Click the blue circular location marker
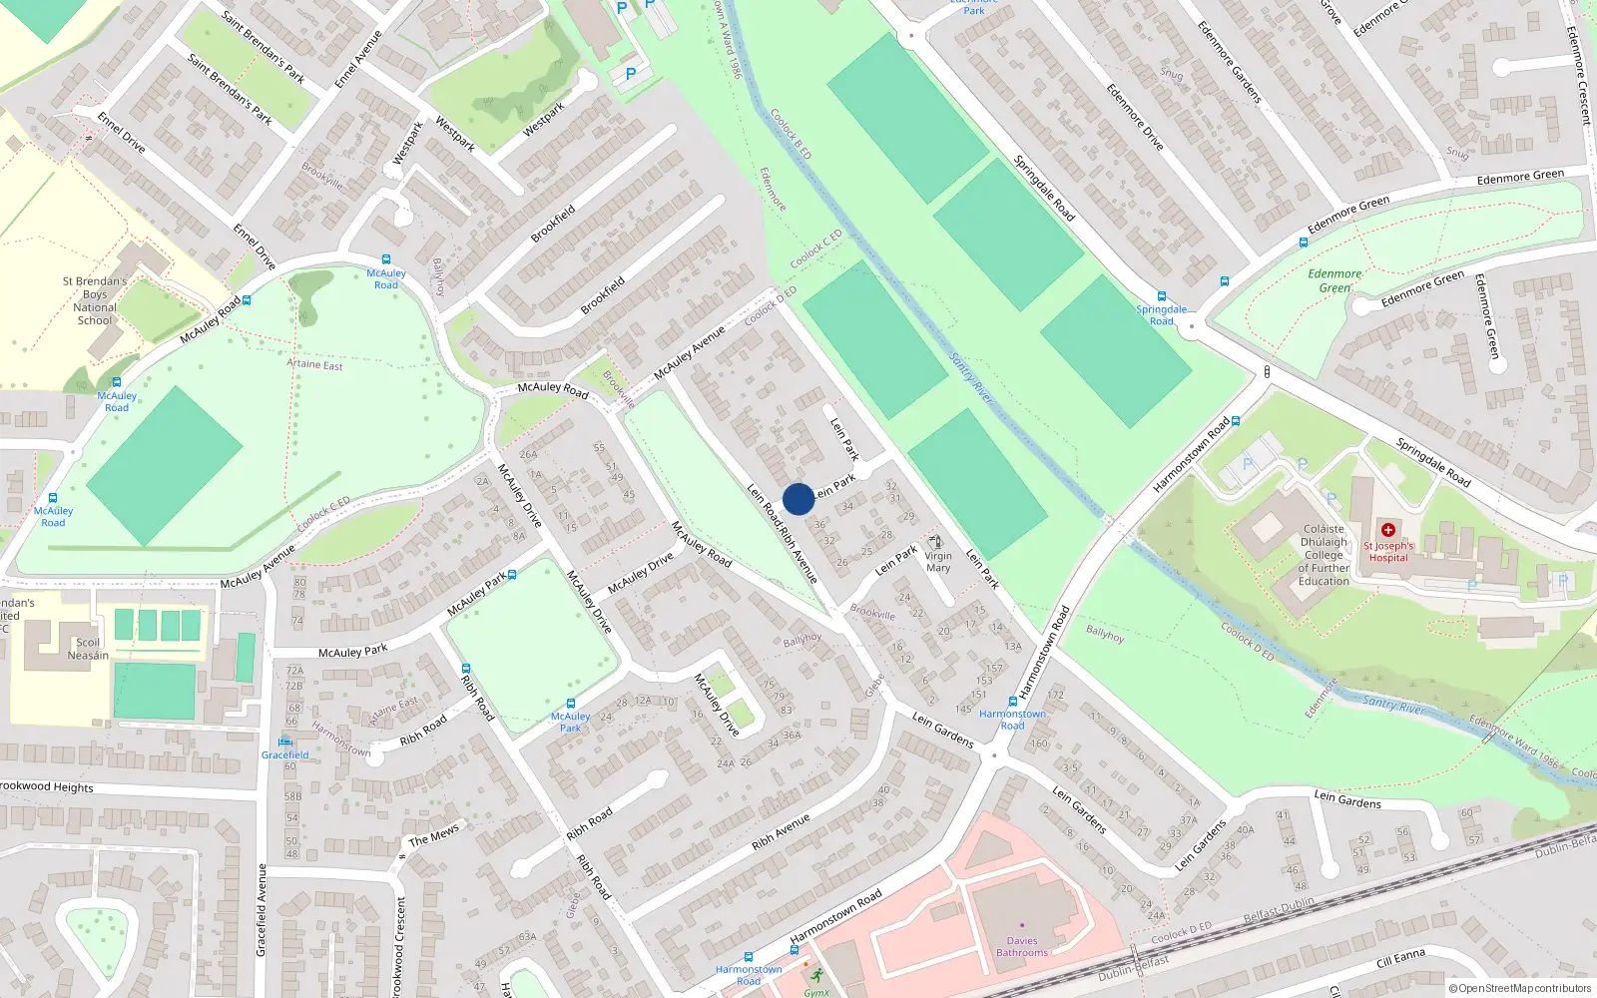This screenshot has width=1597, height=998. tap(798, 499)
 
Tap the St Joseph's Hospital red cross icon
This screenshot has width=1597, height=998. tap(1387, 530)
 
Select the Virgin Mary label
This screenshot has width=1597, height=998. tap(938, 562)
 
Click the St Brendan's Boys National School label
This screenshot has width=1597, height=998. tap(95, 301)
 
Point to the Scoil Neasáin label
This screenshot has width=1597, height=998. tap(88, 649)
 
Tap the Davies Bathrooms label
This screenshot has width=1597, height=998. tap(1022, 946)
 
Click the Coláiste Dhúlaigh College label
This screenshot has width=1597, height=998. tap(1324, 555)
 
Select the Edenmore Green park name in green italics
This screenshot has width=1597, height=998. tap(1334, 280)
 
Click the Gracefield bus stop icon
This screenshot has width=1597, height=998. tap(284, 742)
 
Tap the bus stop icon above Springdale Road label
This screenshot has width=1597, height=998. tap(1161, 296)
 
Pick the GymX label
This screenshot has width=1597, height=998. tap(816, 992)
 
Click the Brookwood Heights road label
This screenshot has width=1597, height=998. tap(47, 786)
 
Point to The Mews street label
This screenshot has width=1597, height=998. tap(434, 834)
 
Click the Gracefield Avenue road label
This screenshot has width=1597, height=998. tap(263, 910)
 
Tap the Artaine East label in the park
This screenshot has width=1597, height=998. tap(314, 364)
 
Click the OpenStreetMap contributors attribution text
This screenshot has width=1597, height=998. tap(1519, 988)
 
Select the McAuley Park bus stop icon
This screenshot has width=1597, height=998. tap(570, 704)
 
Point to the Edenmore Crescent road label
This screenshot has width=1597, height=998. tap(1578, 75)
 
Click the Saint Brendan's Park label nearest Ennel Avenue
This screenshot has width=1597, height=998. tap(263, 46)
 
